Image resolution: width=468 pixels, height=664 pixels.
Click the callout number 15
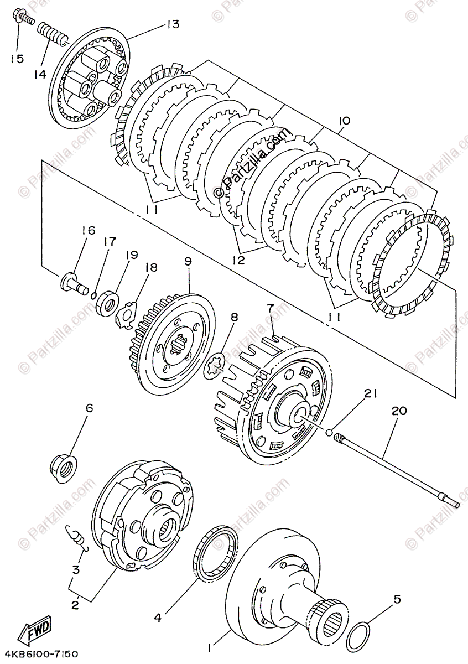tap(17, 58)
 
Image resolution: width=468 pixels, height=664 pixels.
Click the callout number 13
tap(173, 24)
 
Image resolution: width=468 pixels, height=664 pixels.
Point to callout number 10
tap(344, 121)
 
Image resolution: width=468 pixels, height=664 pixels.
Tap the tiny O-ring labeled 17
tap(94, 295)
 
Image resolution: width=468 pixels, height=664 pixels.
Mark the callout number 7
tap(271, 307)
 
